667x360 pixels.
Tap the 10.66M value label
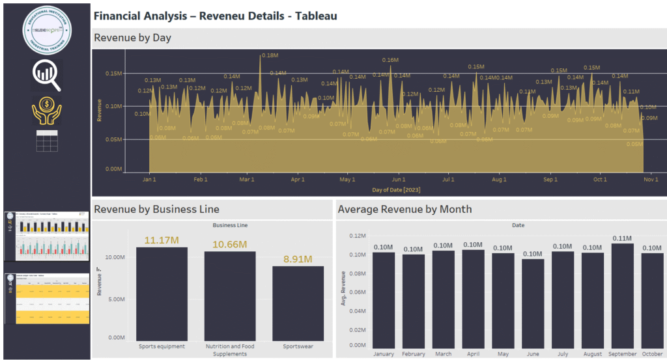click(x=229, y=244)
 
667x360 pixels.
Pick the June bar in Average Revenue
click(x=533, y=304)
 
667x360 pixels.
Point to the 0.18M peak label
click(x=269, y=56)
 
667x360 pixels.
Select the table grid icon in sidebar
click(x=46, y=141)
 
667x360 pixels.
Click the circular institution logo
click(x=46, y=31)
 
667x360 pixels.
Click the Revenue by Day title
click(x=133, y=38)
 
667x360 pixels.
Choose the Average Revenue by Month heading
click(x=404, y=209)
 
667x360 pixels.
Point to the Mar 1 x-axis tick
click(x=247, y=179)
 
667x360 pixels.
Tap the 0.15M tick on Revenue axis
click(x=113, y=74)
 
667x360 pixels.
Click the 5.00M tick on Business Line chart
click(x=115, y=298)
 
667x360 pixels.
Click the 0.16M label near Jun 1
click(x=390, y=60)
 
